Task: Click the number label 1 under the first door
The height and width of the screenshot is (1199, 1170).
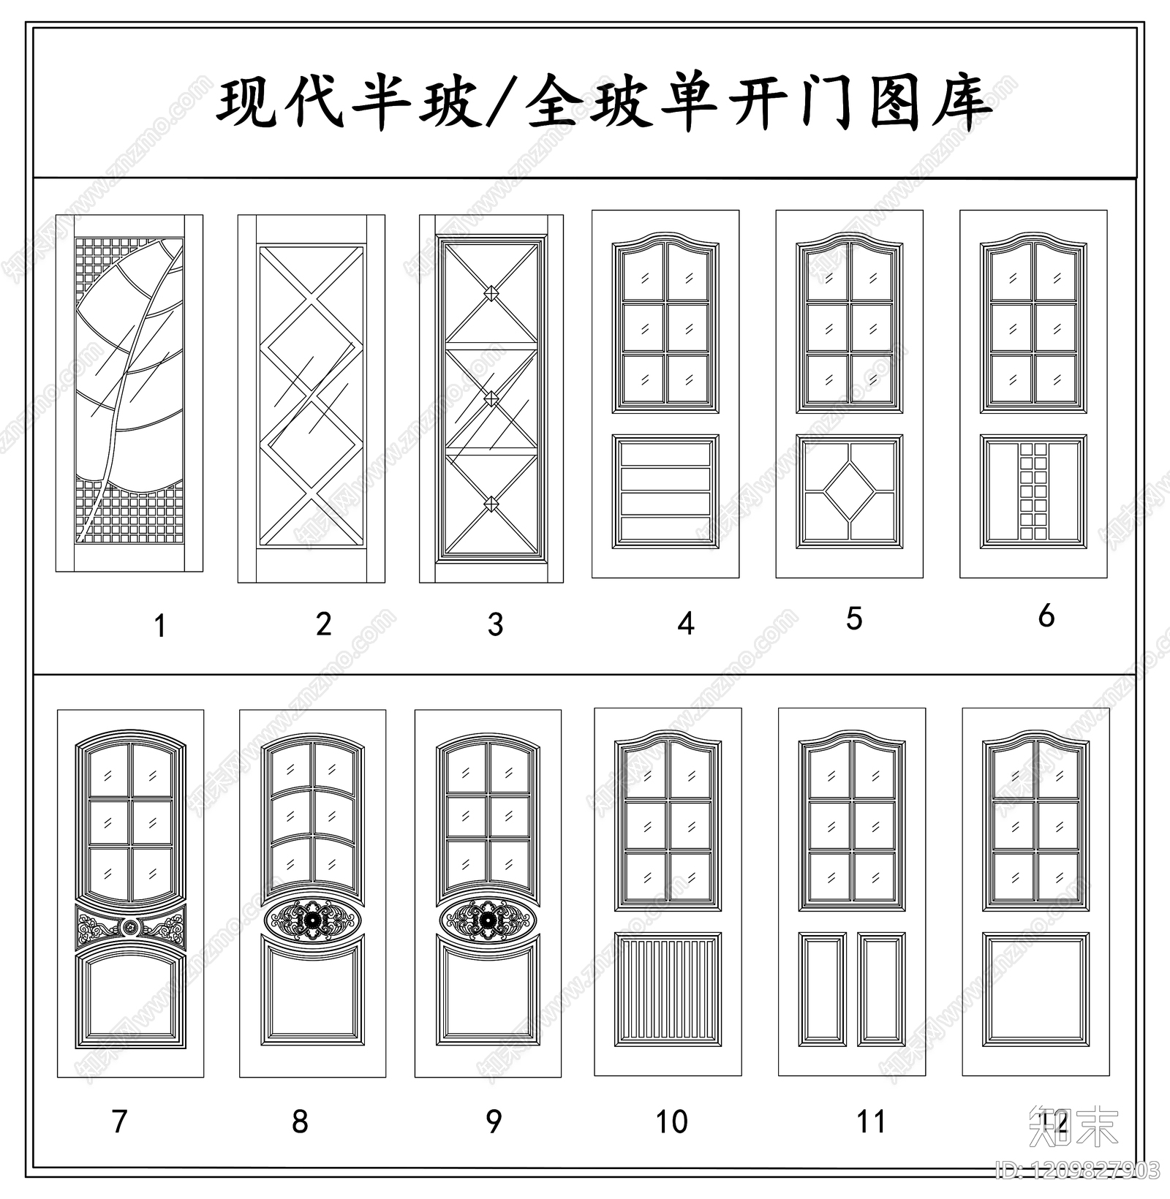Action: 160,627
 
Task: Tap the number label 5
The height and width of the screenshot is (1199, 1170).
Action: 854,619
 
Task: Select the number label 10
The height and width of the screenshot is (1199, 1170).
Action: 671,1122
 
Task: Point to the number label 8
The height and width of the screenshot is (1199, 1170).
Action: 300,1122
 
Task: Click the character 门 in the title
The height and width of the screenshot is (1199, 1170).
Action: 826,102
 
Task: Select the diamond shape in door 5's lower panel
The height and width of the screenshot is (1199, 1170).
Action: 850,492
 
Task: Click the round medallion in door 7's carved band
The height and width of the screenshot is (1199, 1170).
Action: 130,927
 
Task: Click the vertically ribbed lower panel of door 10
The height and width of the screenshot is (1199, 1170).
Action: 668,990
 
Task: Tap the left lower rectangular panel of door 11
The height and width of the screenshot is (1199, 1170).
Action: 823,989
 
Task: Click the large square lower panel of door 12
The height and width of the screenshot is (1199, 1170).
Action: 1035,989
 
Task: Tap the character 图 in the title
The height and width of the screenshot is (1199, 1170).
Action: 895,102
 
